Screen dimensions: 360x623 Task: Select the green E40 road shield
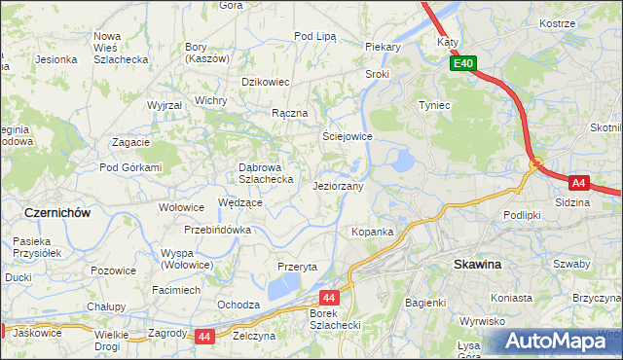tap(462, 64)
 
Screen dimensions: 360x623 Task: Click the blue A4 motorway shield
tap(578, 182)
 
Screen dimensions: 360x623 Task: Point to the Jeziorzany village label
tap(338, 186)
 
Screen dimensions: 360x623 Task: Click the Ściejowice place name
tap(348, 137)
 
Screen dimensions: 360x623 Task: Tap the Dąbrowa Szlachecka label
tap(267, 172)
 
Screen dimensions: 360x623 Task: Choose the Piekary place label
tap(384, 46)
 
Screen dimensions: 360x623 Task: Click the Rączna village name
tap(290, 113)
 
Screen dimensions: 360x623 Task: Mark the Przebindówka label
tap(218, 231)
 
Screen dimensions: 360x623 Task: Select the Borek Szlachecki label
tap(335, 318)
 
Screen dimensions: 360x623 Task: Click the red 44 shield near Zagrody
tap(203, 337)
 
